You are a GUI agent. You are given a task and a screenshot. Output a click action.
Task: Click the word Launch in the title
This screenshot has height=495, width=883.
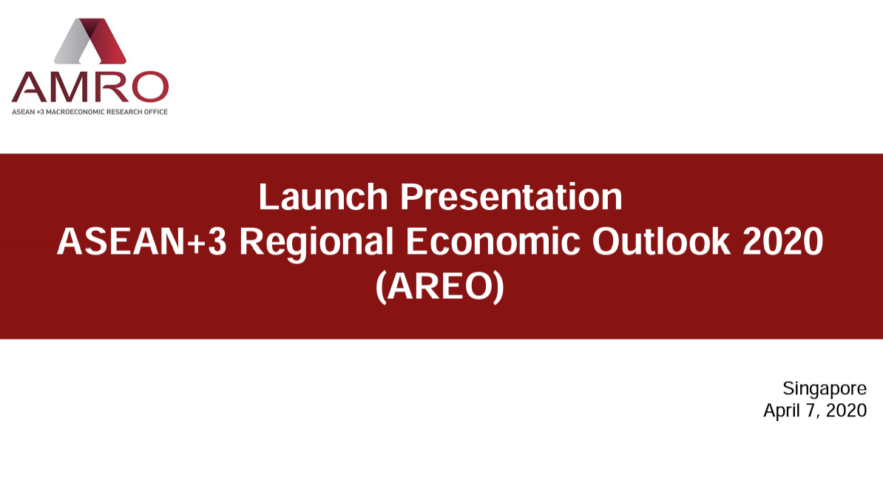click(323, 197)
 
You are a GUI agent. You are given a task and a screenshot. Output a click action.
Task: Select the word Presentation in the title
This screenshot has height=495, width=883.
click(511, 197)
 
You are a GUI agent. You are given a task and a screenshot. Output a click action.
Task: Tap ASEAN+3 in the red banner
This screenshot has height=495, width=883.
click(142, 242)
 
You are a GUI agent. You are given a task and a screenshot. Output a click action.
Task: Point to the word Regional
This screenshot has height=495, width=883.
click(316, 243)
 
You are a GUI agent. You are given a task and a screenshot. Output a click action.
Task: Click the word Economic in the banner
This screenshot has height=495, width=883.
click(493, 242)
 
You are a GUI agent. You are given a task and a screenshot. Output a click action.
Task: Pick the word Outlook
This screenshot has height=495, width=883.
click(661, 241)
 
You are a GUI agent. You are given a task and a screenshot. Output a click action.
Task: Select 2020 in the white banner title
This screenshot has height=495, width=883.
click(783, 242)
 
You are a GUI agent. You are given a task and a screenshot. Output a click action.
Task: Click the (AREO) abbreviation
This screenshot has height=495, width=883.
click(440, 286)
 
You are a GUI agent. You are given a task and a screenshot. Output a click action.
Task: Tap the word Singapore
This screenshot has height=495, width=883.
click(825, 389)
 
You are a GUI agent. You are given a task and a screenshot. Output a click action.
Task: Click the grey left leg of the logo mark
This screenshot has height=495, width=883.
click(74, 42)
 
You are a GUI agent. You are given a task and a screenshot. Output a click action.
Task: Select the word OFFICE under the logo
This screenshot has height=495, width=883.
click(155, 112)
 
